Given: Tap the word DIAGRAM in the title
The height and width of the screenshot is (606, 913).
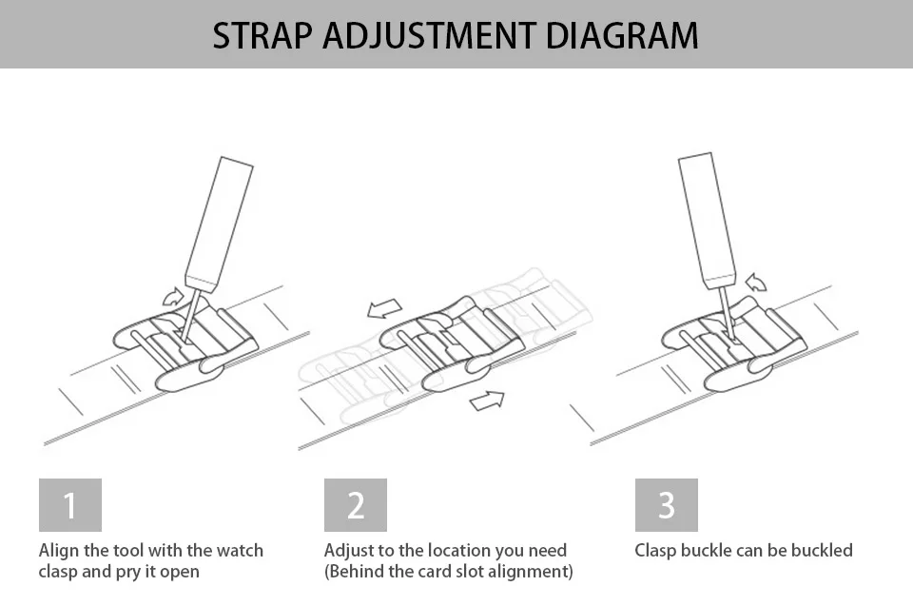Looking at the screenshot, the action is pyautogui.click(x=622, y=35).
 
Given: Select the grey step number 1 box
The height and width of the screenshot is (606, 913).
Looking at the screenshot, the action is pyautogui.click(x=69, y=505).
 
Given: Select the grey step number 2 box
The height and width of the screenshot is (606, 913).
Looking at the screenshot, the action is pyautogui.click(x=355, y=505).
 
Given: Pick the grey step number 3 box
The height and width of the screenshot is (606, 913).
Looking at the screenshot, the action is pyautogui.click(x=666, y=505).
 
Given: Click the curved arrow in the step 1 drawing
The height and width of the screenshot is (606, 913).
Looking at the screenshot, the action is pyautogui.click(x=173, y=296).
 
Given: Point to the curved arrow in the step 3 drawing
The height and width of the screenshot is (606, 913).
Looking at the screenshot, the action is pyautogui.click(x=756, y=282).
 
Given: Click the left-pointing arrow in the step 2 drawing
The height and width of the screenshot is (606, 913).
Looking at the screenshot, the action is pyautogui.click(x=384, y=309).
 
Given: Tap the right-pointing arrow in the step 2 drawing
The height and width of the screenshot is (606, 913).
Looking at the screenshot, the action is pyautogui.click(x=487, y=400).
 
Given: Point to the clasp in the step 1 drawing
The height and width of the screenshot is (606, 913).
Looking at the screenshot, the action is pyautogui.click(x=185, y=344).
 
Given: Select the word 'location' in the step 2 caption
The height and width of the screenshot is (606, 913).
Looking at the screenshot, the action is pyautogui.click(x=462, y=551).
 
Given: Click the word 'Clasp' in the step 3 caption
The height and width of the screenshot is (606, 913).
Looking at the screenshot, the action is pyautogui.click(x=655, y=551).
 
